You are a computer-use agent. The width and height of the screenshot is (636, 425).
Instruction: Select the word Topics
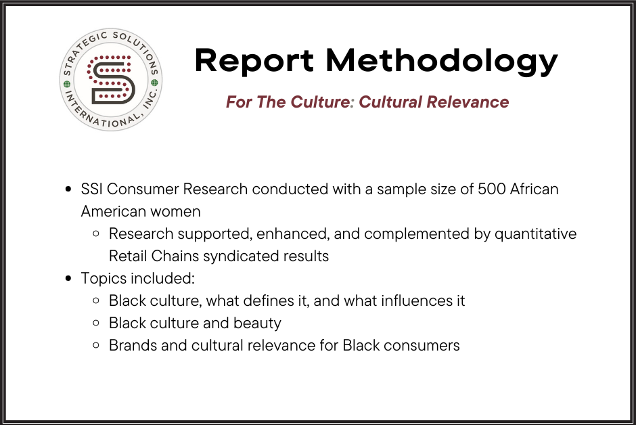point(103,278)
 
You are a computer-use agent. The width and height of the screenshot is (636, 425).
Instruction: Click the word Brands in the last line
point(133,345)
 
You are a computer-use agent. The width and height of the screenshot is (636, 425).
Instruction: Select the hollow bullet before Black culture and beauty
point(96,323)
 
